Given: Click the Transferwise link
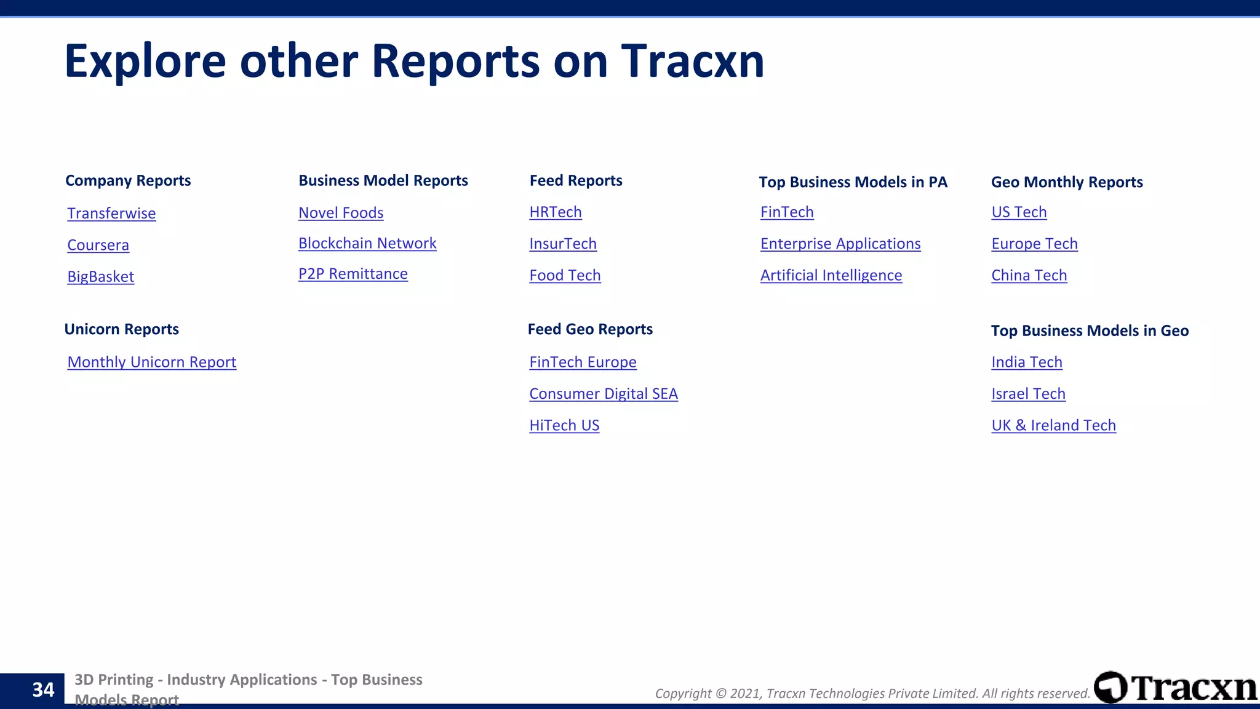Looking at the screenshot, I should (x=111, y=214).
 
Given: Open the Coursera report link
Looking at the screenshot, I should (x=98, y=245).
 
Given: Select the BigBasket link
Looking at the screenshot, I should (x=101, y=276).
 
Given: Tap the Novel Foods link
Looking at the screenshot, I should (x=341, y=213).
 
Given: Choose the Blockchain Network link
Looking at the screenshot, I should (x=367, y=243).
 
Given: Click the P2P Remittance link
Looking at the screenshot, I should (x=353, y=274).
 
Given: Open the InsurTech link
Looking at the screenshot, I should (x=563, y=244).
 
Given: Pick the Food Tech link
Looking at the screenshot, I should (x=565, y=275).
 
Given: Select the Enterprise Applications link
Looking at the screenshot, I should (x=840, y=244).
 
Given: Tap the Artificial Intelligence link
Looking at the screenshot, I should (x=831, y=275).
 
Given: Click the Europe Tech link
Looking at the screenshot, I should (x=1034, y=244).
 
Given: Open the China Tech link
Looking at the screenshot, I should (x=1029, y=275).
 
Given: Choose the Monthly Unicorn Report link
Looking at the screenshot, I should (x=152, y=362).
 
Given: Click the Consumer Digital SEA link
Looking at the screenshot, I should (x=604, y=394).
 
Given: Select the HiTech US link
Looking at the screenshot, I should (x=564, y=425).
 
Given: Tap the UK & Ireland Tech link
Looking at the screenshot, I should (x=1053, y=425).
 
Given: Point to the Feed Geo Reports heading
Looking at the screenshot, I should (x=590, y=329).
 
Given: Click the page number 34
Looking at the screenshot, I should (x=43, y=690).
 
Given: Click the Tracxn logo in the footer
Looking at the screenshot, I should (x=1176, y=687).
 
